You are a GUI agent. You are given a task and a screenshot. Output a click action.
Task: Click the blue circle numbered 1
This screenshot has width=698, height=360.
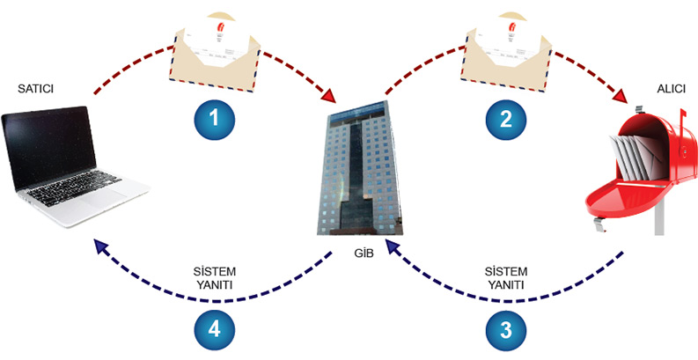(x=214, y=120)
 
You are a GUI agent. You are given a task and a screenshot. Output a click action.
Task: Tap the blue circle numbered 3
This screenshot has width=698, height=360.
(x=504, y=331)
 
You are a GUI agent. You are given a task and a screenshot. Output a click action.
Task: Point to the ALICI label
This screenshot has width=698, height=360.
(x=672, y=90)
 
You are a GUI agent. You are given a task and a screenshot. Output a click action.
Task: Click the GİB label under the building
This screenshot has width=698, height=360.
(x=359, y=256)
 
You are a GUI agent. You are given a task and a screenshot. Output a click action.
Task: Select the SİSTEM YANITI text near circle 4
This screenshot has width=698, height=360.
(x=215, y=279)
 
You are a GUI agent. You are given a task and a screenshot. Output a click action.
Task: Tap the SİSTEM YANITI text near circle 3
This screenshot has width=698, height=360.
(x=505, y=279)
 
